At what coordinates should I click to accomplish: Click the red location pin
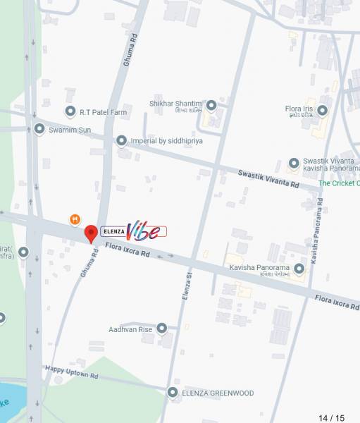[x=91, y=233]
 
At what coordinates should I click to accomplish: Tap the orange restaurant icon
[x=75, y=219]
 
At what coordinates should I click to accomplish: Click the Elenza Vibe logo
[x=134, y=231]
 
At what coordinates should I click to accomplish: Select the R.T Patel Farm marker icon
[x=70, y=111]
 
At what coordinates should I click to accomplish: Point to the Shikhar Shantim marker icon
[x=211, y=105]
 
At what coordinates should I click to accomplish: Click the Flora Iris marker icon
[x=322, y=110]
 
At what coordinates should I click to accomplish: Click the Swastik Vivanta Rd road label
[x=268, y=179]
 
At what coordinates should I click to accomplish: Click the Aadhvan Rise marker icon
[x=161, y=328]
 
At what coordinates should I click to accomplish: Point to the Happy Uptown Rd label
[x=71, y=371]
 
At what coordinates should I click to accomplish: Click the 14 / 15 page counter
[x=331, y=417]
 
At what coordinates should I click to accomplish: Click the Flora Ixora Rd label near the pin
[x=128, y=249]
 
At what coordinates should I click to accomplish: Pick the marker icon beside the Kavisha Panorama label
[x=299, y=269]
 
